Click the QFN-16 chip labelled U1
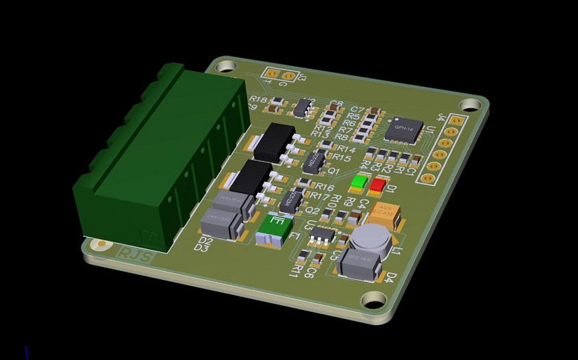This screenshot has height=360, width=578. [x=403, y=129]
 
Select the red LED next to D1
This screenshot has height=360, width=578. [x=377, y=185]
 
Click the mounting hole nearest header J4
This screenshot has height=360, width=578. [x=470, y=105]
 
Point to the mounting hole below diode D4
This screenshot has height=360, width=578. [x=374, y=300]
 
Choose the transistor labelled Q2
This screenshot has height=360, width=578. [x=291, y=200]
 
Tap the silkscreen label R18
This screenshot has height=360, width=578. [x=258, y=100]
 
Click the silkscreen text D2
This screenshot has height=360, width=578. [x=204, y=241]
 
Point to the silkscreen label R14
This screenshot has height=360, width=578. [x=346, y=149]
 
